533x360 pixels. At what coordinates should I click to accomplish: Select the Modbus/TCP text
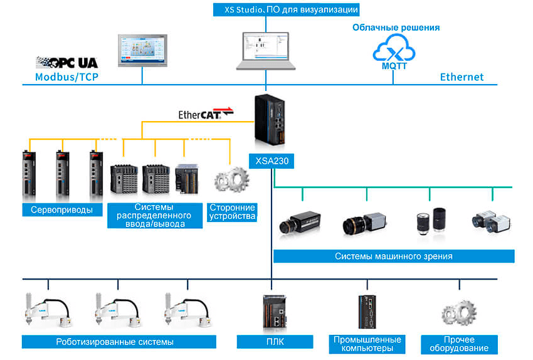67,77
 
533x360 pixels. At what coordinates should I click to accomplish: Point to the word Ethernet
462,77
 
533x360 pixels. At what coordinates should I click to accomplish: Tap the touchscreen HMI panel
143,49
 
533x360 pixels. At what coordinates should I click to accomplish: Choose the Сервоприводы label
61,210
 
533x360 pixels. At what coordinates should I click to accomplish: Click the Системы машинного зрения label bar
393,256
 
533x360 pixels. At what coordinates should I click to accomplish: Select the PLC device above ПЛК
274,312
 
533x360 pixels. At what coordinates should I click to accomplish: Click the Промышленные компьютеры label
366,344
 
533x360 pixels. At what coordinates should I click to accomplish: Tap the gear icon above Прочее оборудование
459,314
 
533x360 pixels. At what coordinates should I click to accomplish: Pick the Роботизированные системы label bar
119,342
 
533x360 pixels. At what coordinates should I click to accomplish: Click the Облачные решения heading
396,28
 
